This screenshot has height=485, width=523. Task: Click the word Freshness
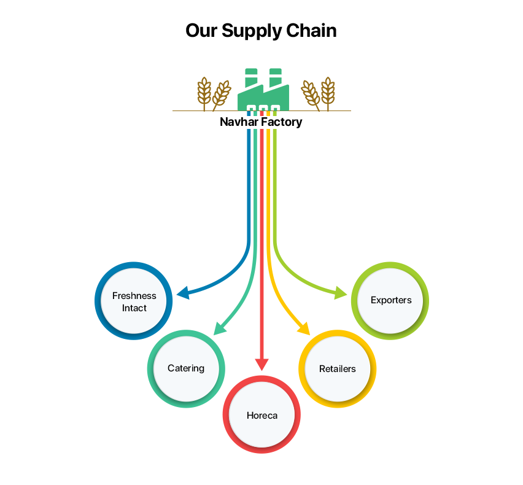click(134, 295)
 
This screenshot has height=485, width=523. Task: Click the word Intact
click(134, 308)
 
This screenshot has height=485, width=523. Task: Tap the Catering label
click(185, 368)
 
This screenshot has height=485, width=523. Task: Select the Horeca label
click(261, 415)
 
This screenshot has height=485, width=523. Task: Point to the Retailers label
click(337, 369)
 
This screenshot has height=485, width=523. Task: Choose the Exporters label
click(391, 300)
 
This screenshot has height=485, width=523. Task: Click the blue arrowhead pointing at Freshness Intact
click(182, 294)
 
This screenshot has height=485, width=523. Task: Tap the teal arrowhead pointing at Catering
click(217, 330)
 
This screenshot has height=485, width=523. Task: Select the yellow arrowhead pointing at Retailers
click(306, 330)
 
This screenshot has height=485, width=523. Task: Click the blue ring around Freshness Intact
click(100, 301)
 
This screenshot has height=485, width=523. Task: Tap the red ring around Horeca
click(228, 415)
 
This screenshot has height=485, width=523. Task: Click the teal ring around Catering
click(151, 368)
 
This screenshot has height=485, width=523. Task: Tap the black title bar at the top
click(261, 31)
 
